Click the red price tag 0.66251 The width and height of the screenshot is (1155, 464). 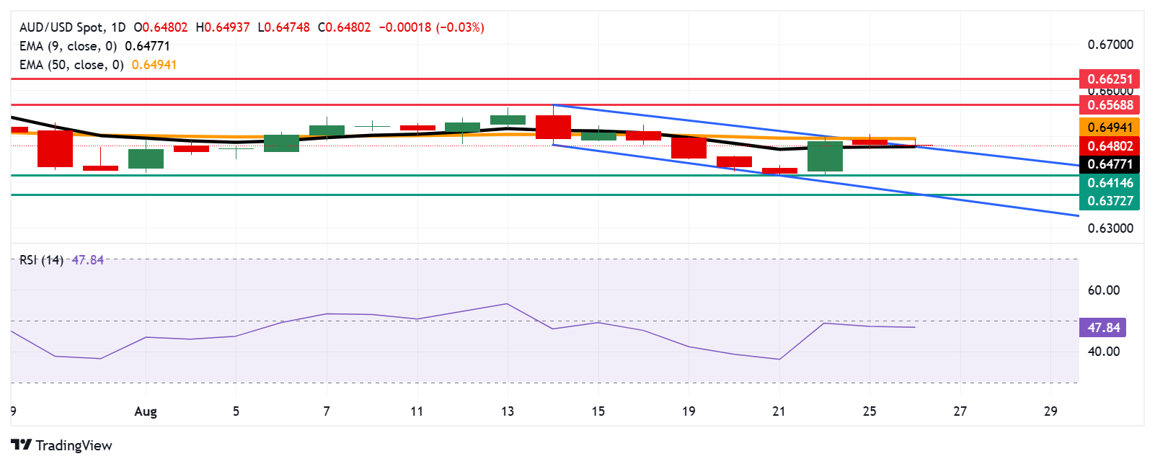(x=1110, y=79)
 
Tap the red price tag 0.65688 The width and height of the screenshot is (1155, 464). (x=1110, y=105)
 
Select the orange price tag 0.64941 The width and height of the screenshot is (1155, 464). (x=1110, y=128)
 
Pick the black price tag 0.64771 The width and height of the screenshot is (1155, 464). (x=1110, y=164)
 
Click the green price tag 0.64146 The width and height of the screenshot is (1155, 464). (x=1110, y=183)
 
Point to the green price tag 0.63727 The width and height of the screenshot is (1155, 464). (x=1110, y=201)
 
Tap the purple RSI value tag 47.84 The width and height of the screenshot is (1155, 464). (x=1103, y=328)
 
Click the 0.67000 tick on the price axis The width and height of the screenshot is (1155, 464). (x=1110, y=45)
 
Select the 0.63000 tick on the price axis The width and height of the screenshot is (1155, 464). (x=1110, y=228)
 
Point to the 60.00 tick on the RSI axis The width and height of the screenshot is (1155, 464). (x=1103, y=290)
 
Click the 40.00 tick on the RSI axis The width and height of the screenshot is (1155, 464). (x=1103, y=352)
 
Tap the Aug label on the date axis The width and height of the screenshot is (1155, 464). (x=146, y=411)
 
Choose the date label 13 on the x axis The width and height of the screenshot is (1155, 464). (x=508, y=411)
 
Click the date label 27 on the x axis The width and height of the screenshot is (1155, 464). (x=960, y=411)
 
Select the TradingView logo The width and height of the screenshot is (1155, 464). (x=62, y=445)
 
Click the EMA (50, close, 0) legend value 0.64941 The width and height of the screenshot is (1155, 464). (x=154, y=65)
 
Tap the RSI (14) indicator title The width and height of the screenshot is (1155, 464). (x=41, y=260)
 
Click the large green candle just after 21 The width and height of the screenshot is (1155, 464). (x=825, y=156)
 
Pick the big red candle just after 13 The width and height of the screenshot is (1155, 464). (x=553, y=127)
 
